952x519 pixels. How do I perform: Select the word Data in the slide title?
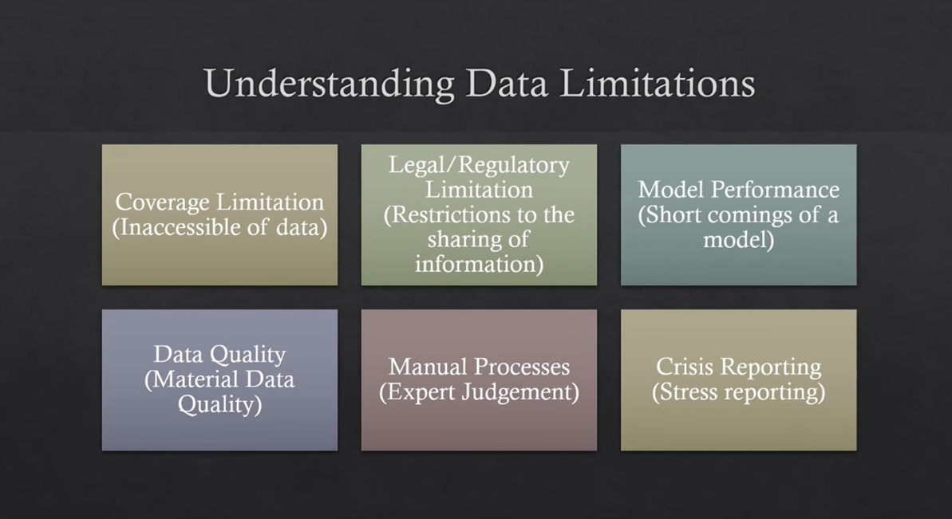(508, 85)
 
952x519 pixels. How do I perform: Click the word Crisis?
(685, 367)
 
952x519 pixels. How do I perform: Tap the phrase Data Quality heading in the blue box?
(219, 354)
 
